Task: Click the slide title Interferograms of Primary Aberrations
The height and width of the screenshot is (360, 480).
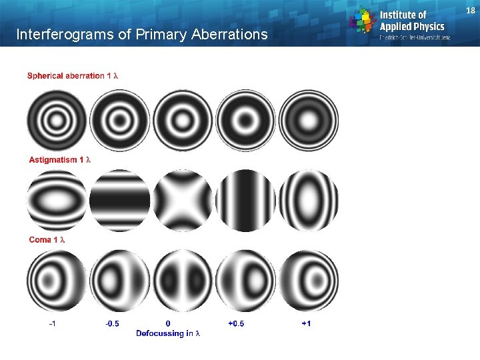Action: pyautogui.click(x=141, y=34)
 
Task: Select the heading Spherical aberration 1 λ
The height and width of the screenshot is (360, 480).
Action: pyautogui.click(x=73, y=76)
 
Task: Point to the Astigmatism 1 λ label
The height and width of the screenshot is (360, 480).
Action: pyautogui.click(x=59, y=160)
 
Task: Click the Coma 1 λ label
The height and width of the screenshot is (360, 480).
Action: pyautogui.click(x=50, y=239)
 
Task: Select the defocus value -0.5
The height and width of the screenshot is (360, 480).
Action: pyautogui.click(x=113, y=324)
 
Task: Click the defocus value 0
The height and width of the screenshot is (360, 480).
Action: pyautogui.click(x=168, y=324)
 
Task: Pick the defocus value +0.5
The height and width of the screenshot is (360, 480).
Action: pyautogui.click(x=236, y=324)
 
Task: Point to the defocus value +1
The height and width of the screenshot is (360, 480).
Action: pyautogui.click(x=306, y=324)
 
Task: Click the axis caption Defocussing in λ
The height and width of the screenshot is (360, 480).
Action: pyautogui.click(x=168, y=333)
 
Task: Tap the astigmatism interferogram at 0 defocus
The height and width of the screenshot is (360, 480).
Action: pyautogui.click(x=183, y=201)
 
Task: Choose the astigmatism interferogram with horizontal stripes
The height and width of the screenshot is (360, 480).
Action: pyautogui.click(x=120, y=201)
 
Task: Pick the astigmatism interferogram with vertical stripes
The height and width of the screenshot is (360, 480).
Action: pyautogui.click(x=245, y=201)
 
